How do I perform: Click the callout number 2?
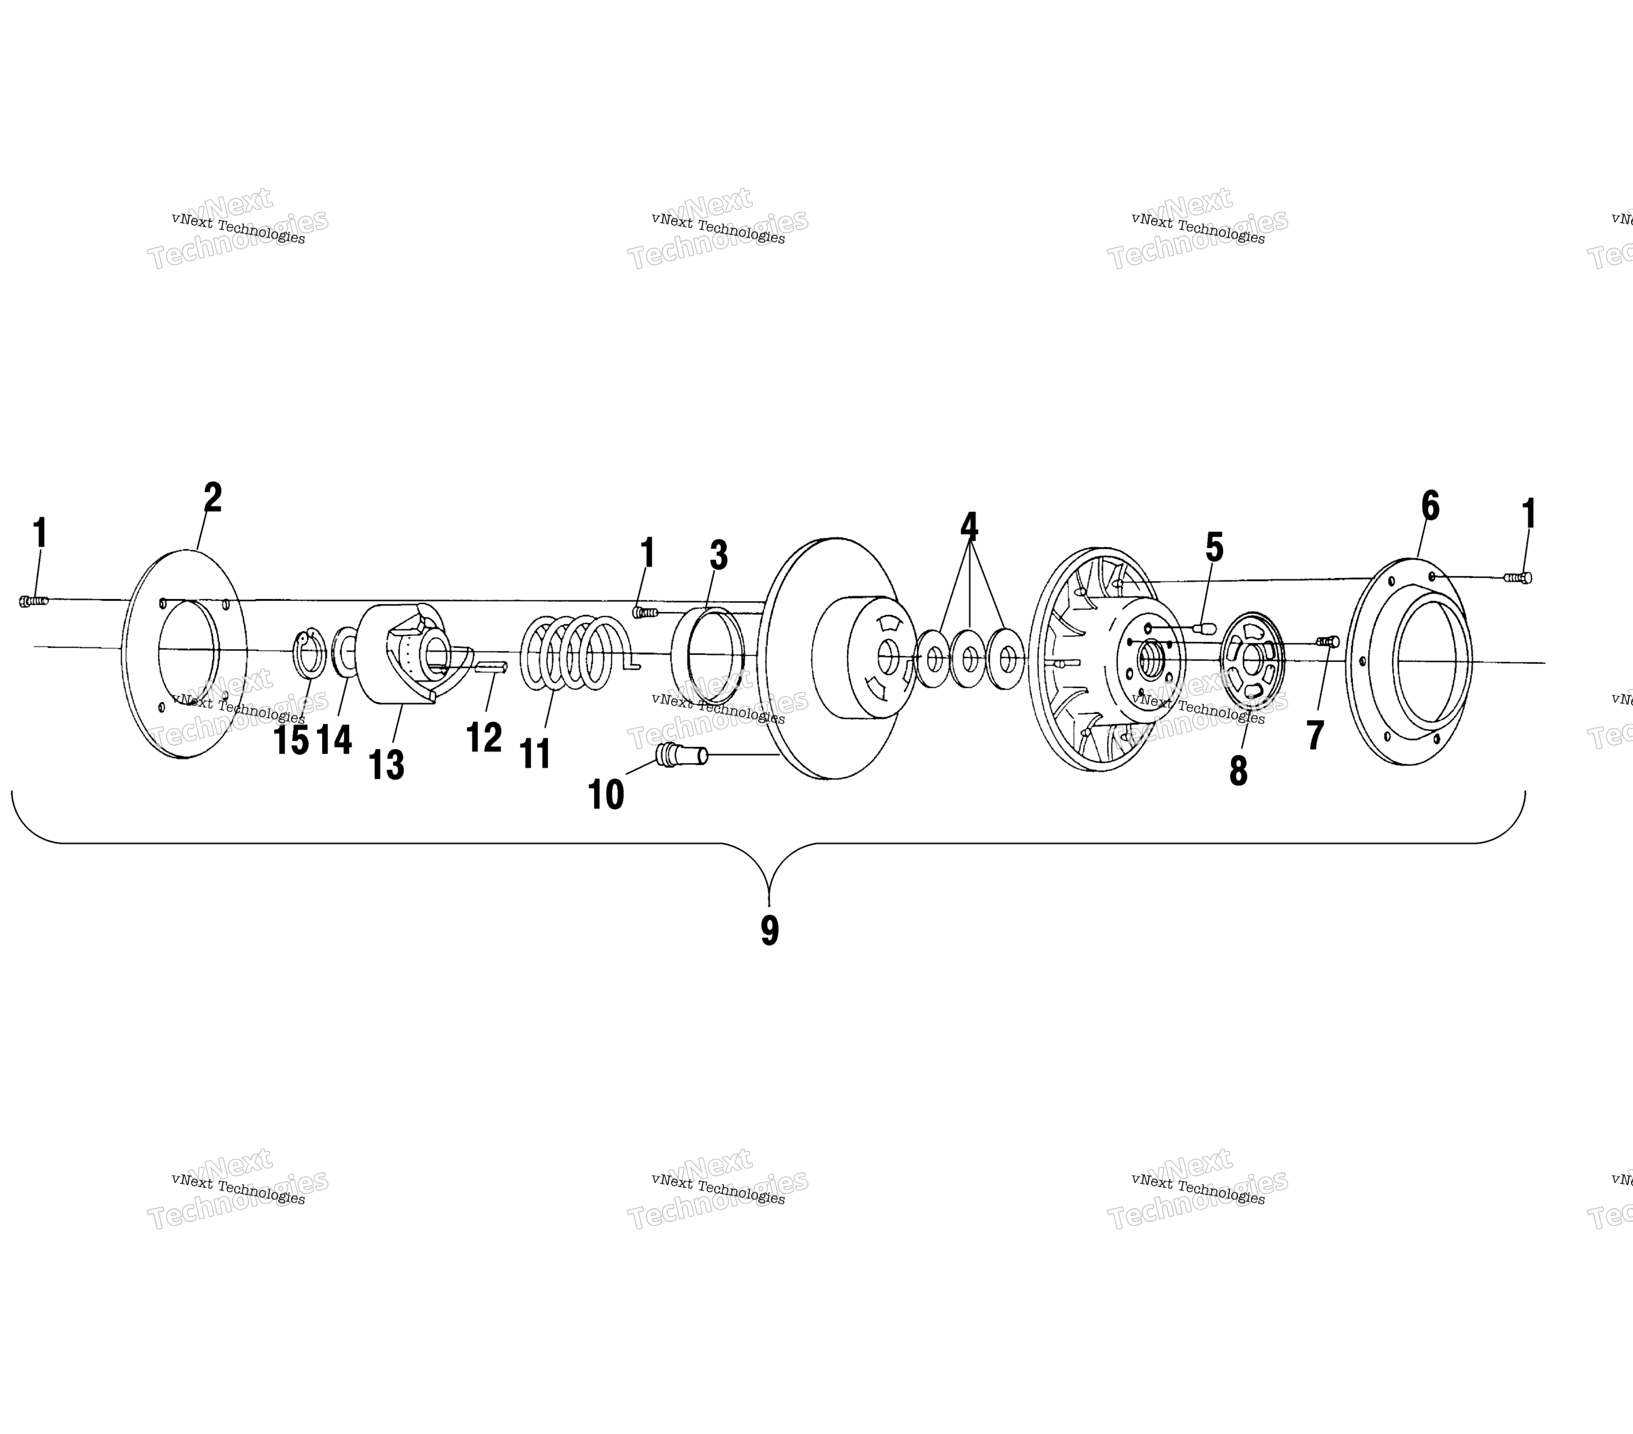(x=212, y=498)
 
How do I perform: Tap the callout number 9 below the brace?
(x=769, y=930)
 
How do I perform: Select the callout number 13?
(x=387, y=764)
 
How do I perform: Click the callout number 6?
(x=1430, y=506)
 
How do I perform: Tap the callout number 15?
(x=291, y=741)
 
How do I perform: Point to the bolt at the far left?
(x=34, y=601)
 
